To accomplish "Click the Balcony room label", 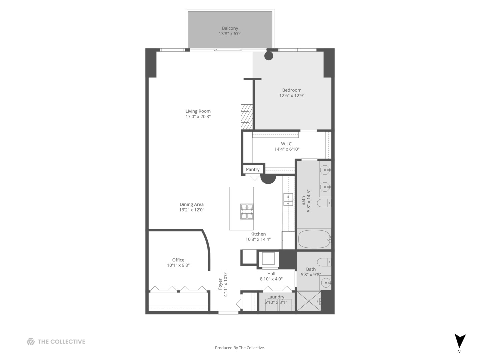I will point(230,28).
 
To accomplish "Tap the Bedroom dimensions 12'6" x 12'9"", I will point(292,96).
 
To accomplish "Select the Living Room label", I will point(198,111).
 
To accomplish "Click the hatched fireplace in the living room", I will point(247,117).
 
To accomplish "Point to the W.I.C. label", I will point(287,144).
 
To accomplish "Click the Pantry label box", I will point(253,169).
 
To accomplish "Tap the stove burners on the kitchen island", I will point(247,211).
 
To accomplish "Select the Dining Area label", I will point(191,204).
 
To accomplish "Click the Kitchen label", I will point(258,234).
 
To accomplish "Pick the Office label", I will point(178,260).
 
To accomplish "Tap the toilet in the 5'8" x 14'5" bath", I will point(324,203).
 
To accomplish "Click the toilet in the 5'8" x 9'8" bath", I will point(324,262).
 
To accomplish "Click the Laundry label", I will point(276,297).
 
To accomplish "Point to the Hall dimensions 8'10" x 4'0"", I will point(271,279).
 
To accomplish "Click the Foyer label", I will point(220,284).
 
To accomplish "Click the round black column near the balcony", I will point(269,56).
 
